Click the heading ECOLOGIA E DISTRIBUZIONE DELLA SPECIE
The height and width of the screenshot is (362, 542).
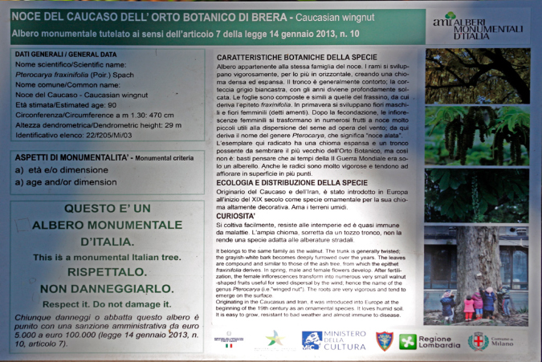286,182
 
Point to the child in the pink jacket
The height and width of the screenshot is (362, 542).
469,306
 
